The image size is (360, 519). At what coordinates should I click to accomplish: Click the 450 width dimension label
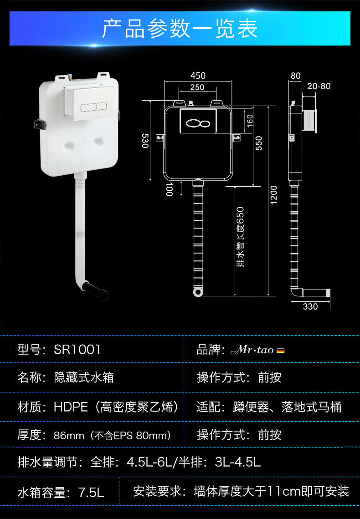198,76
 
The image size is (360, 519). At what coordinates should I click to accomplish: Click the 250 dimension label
197,87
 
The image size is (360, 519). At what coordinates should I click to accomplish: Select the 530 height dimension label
145,141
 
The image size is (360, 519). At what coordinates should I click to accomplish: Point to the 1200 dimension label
273,195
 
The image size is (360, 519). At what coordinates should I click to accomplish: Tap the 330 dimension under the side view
310,306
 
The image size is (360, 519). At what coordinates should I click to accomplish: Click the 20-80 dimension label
319,86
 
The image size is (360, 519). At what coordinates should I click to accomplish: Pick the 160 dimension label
250,119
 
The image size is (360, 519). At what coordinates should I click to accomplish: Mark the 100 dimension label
169,189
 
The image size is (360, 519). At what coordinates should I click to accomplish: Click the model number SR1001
77,350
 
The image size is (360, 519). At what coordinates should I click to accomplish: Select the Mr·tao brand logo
252,350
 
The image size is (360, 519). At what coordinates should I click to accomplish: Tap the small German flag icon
281,351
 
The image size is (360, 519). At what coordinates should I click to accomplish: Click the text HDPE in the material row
71,407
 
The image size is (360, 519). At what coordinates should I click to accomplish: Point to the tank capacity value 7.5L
91,492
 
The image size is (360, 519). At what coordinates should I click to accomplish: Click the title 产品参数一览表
180,29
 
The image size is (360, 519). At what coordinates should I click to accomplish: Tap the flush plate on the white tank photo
89,103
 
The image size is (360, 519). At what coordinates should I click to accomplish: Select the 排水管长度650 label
241,237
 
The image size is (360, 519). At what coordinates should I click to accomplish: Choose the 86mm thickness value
69,436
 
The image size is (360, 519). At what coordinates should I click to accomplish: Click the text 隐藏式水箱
84,378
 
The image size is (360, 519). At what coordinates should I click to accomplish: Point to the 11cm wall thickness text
284,492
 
